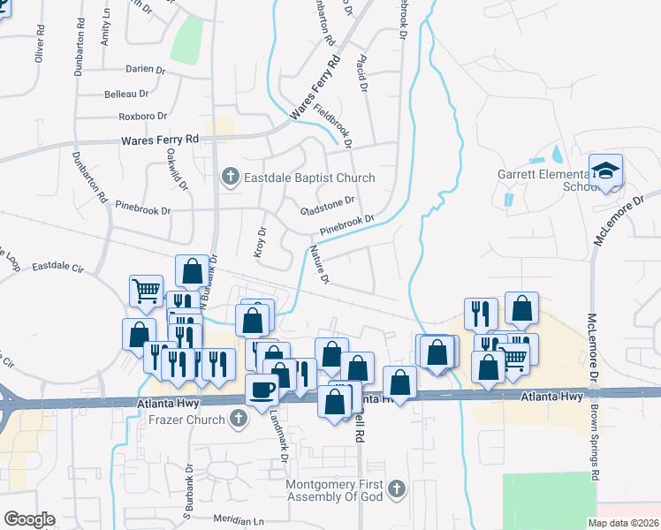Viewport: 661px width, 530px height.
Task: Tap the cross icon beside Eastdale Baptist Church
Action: coord(230,178)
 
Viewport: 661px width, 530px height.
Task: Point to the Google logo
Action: coord(29,519)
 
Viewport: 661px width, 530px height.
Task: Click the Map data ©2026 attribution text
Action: coord(624,523)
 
